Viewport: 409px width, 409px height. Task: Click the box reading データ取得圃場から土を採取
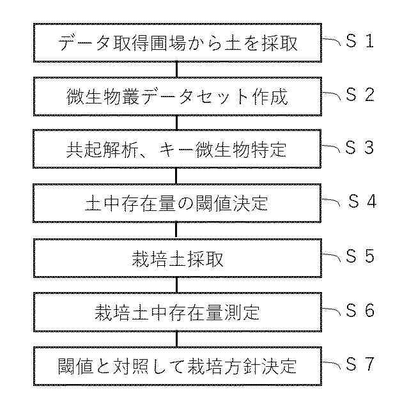pos(176,43)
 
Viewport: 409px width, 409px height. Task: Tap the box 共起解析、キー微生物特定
pos(176,150)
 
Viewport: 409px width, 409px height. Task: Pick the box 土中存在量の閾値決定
pos(176,203)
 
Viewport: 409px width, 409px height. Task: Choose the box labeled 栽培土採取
pos(176,257)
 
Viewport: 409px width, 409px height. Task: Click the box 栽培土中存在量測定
pos(176,311)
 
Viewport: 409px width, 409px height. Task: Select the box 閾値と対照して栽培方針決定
pos(176,366)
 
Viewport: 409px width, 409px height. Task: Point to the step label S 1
pos(359,42)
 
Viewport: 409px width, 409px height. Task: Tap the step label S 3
pos(359,148)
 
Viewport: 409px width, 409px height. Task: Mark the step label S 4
pos(362,201)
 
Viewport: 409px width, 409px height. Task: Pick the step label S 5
pos(359,256)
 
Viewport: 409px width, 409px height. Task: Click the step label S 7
pos(359,364)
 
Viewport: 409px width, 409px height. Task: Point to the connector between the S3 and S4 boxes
pos(176,176)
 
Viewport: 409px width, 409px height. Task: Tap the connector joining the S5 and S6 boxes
pos(176,284)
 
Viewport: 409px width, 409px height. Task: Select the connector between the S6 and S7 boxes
pos(176,339)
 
